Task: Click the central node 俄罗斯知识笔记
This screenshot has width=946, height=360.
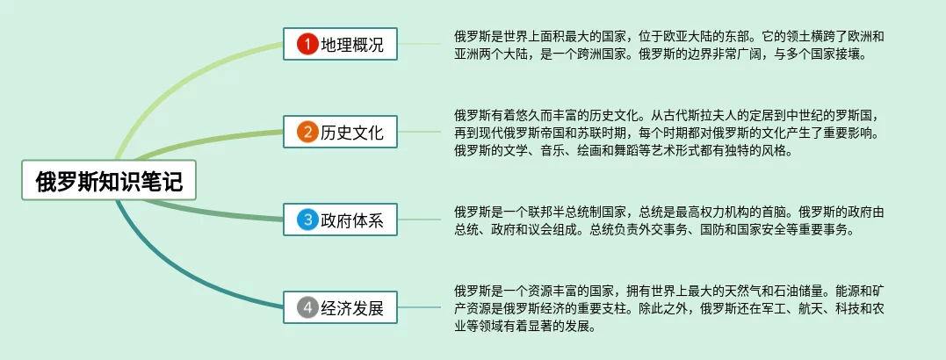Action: [x=109, y=181]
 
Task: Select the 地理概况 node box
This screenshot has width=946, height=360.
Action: [x=340, y=43]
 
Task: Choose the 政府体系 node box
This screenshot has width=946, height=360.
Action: [x=340, y=220]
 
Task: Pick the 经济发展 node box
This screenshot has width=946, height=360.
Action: [x=340, y=307]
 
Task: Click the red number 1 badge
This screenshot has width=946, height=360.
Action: [x=307, y=43]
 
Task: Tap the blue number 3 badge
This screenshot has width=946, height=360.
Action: [x=307, y=220]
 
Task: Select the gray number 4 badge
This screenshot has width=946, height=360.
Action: [x=307, y=307]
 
